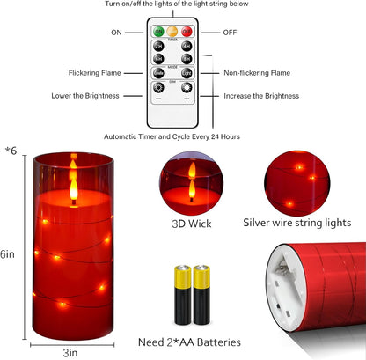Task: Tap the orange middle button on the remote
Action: (x=172, y=32)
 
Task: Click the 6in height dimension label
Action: (x=8, y=253)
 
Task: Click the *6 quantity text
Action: (x=10, y=151)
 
